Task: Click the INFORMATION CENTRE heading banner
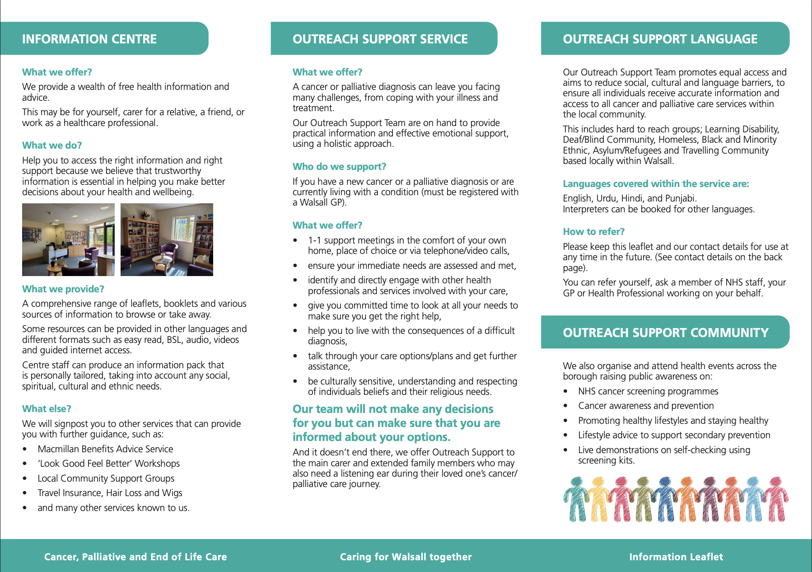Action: (89, 39)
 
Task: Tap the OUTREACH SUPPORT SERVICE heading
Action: (380, 39)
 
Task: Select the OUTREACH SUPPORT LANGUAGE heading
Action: (660, 39)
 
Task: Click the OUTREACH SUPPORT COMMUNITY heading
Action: (665, 333)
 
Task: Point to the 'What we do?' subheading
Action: (52, 145)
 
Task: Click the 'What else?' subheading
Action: (47, 409)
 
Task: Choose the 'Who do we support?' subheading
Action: (339, 167)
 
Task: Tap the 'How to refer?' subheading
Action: (593, 232)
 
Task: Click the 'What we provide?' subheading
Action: (63, 289)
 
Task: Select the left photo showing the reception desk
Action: (68, 239)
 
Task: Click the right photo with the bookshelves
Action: (167, 239)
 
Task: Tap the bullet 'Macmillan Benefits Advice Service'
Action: (105, 449)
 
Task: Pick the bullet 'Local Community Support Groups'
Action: (106, 478)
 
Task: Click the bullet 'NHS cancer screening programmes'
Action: (648, 391)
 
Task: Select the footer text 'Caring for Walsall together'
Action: (406, 557)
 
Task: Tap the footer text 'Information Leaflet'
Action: (676, 557)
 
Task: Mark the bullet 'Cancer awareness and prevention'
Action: (646, 406)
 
